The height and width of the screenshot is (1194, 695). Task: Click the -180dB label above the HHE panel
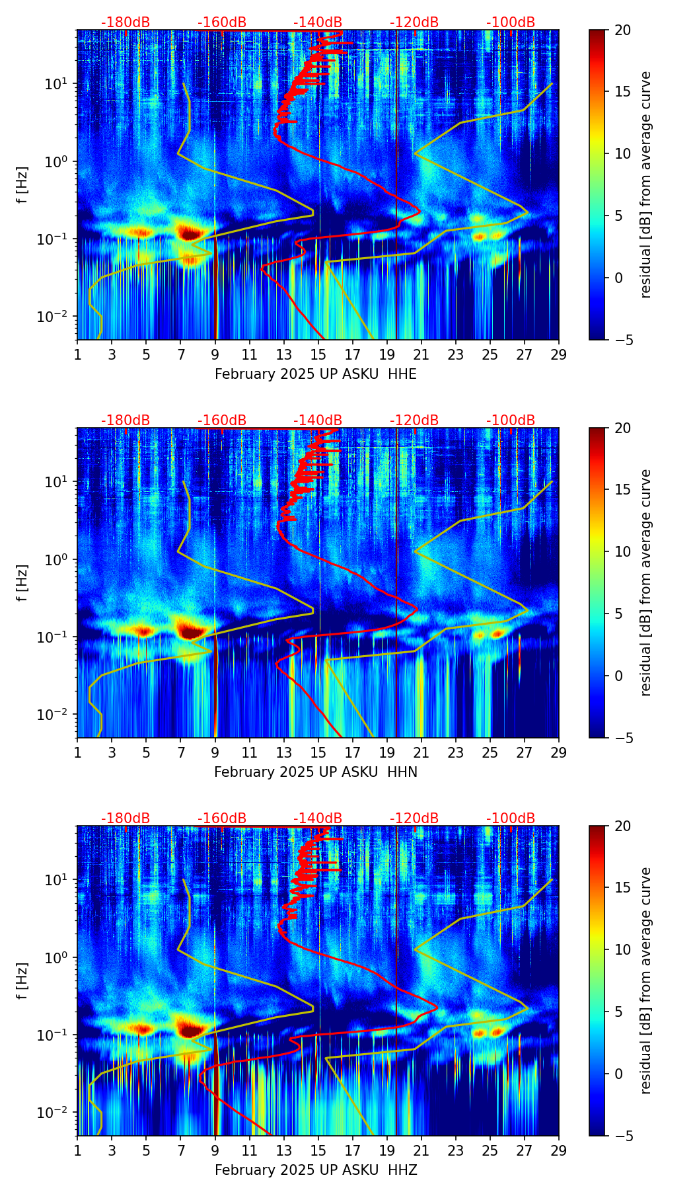(126, 22)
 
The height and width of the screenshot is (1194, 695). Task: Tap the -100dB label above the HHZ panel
(511, 818)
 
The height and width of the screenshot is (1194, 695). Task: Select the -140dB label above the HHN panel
(318, 420)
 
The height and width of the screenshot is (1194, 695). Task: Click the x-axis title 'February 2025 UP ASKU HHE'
(316, 374)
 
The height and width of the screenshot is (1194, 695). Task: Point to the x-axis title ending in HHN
(316, 772)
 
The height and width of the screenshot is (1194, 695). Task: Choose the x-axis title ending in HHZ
(316, 1170)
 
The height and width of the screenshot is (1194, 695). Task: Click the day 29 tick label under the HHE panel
(559, 354)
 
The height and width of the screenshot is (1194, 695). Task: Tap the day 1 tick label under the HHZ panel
(78, 1150)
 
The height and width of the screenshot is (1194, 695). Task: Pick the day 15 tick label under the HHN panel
(318, 752)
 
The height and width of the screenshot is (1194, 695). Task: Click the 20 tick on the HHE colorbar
(623, 30)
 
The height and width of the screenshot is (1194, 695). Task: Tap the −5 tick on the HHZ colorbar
(623, 1136)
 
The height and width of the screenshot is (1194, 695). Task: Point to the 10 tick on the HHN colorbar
(623, 551)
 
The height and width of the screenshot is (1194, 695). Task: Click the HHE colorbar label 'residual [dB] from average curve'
(645, 184)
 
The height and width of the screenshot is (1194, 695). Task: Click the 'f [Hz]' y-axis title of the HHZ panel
(22, 980)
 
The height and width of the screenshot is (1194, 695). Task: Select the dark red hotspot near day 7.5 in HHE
(190, 233)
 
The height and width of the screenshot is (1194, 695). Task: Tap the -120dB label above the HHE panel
(414, 22)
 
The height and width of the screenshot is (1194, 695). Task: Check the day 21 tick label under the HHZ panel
(421, 1150)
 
